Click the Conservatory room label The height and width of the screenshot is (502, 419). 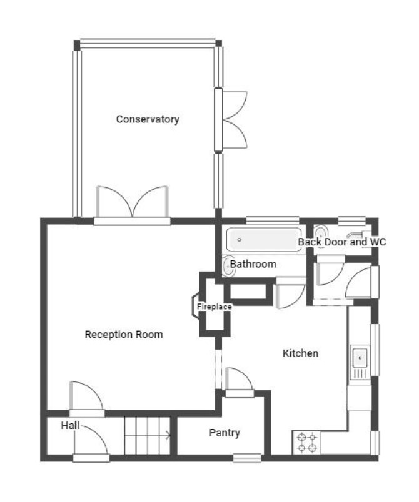coord(148,119)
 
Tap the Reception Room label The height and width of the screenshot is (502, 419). coord(124,335)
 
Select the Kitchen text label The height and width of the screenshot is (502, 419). coord(300,353)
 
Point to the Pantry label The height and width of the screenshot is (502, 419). coord(225,433)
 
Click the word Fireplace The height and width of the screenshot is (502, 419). coord(214,307)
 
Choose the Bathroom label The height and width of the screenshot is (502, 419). coord(253,264)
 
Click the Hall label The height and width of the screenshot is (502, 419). coord(71,425)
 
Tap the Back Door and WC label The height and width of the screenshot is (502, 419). coord(342,242)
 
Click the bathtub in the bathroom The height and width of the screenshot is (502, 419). coord(264,240)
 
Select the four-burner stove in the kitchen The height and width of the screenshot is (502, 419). coord(307,443)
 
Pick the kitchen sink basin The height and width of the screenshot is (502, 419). coord(360,358)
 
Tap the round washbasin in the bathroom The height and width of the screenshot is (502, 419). coord(228,267)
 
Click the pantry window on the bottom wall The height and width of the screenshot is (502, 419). coord(247,458)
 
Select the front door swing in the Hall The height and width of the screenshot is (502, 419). coord(91,440)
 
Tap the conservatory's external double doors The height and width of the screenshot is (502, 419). coord(231,120)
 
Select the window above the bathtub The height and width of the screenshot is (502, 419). coord(273,220)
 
